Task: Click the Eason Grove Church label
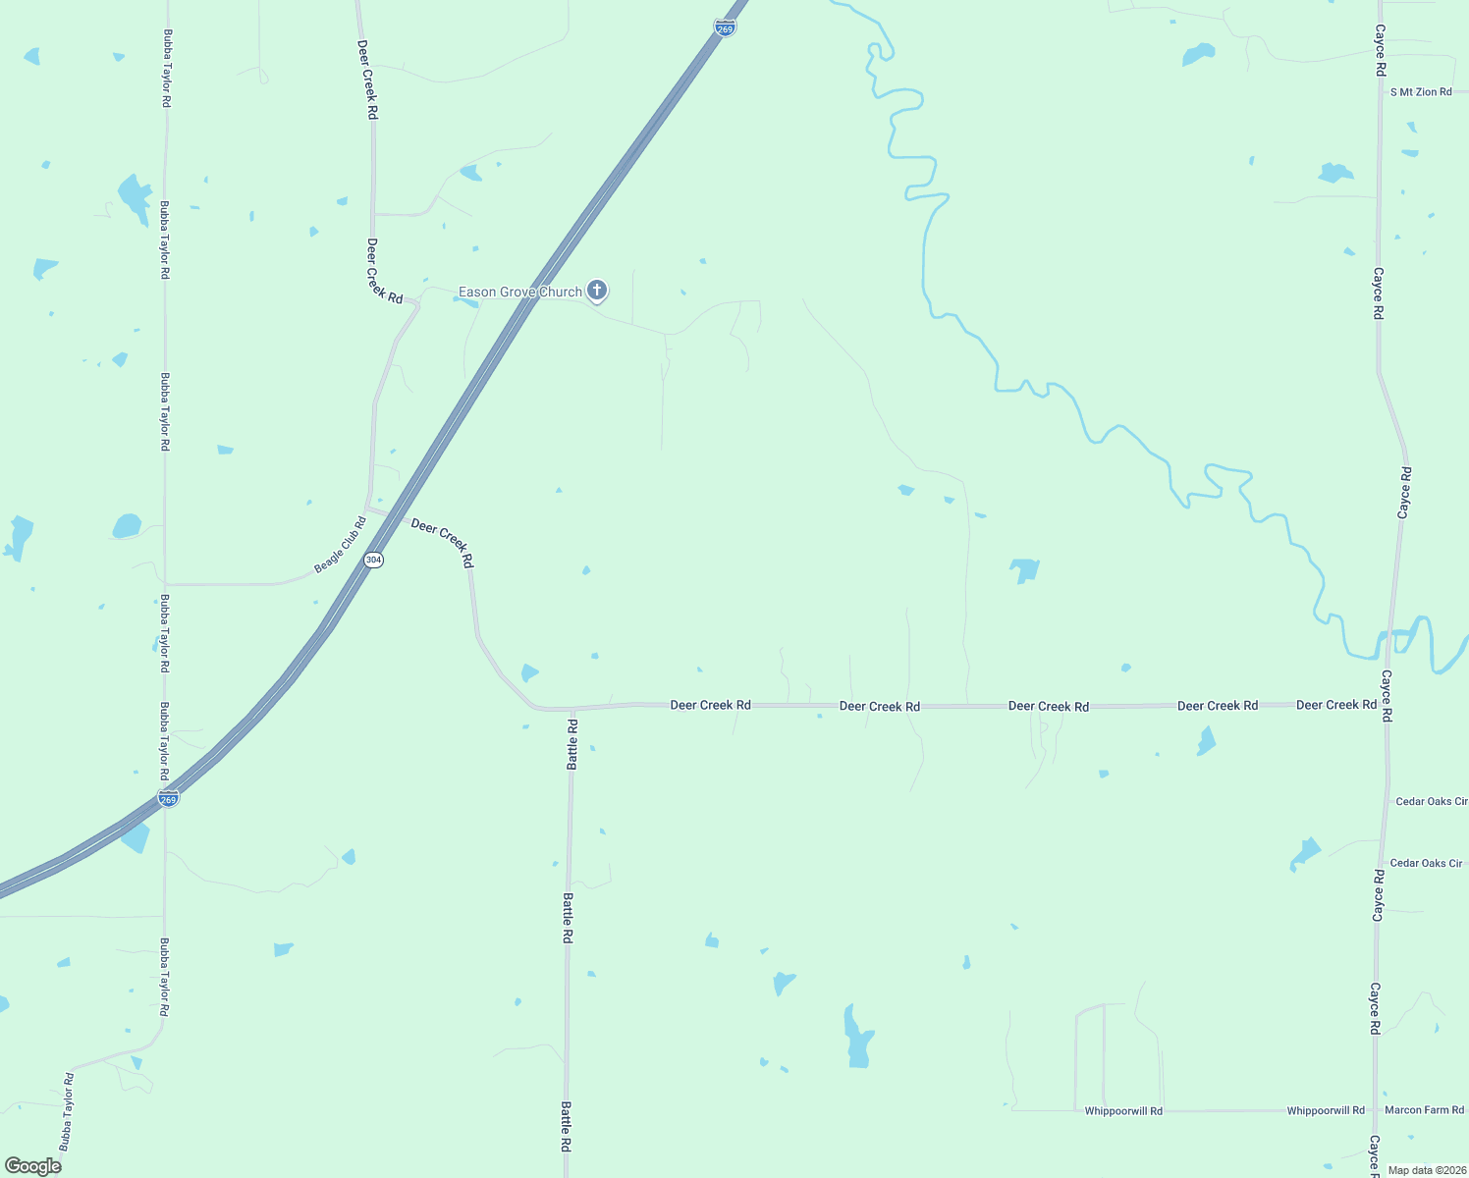coord(520,292)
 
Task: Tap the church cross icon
coord(597,291)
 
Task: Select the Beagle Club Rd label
coord(340,545)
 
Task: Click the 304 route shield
coord(373,560)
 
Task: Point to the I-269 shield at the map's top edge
coord(725,28)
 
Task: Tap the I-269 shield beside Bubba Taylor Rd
coord(169,799)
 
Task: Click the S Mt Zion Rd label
coord(1421,92)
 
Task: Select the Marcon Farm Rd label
coord(1424,1110)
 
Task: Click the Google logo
coord(32,1166)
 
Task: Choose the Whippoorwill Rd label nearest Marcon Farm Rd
coord(1326,1110)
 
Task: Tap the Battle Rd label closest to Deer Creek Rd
coord(572,743)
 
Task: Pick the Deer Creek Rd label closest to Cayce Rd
coord(1335,705)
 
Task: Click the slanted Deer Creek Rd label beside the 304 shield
coord(442,542)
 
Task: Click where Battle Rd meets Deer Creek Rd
coord(571,708)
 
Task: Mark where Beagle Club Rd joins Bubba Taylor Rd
coord(165,584)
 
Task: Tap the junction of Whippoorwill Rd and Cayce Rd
coord(1376,1110)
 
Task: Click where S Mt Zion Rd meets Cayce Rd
coord(1380,92)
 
